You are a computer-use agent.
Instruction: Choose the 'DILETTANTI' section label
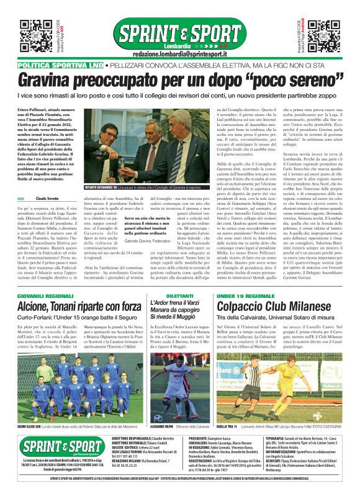pyautogui.click(x=181, y=280)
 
